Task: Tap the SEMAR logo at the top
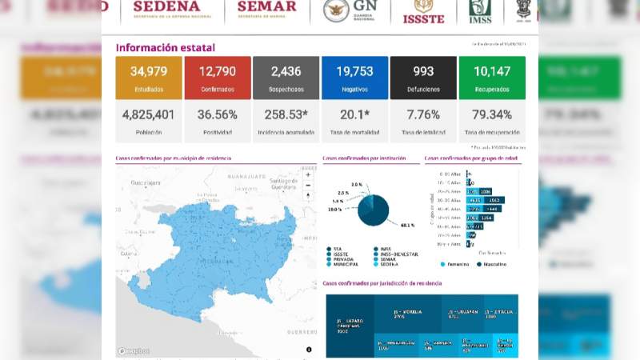(266, 10)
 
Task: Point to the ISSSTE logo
(423, 11)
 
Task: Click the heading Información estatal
(165, 48)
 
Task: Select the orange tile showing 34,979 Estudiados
(148, 78)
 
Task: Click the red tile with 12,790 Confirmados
(217, 78)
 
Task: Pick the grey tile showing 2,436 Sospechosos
(286, 78)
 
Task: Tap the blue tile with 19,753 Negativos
(354, 78)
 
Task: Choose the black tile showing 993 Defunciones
(423, 78)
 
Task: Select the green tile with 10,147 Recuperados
(492, 78)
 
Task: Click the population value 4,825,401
(148, 114)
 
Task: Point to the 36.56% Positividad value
(217, 114)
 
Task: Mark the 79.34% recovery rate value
(492, 114)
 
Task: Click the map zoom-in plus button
(309, 173)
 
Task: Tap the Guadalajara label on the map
(143, 183)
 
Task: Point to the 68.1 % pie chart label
(386, 226)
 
